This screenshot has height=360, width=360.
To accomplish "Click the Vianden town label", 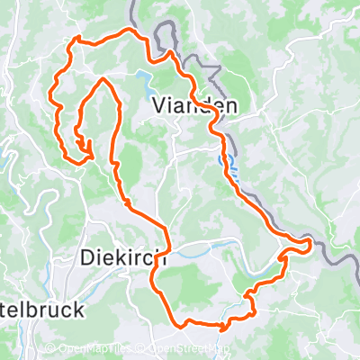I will pos(194,105).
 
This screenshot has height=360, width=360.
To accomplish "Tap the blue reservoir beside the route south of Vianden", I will pos(225,163).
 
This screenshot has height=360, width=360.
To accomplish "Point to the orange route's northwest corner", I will pos(76,38).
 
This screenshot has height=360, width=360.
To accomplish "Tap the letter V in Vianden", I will pos(159,105).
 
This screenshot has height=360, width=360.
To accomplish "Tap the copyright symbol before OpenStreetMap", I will pos(142,350).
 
